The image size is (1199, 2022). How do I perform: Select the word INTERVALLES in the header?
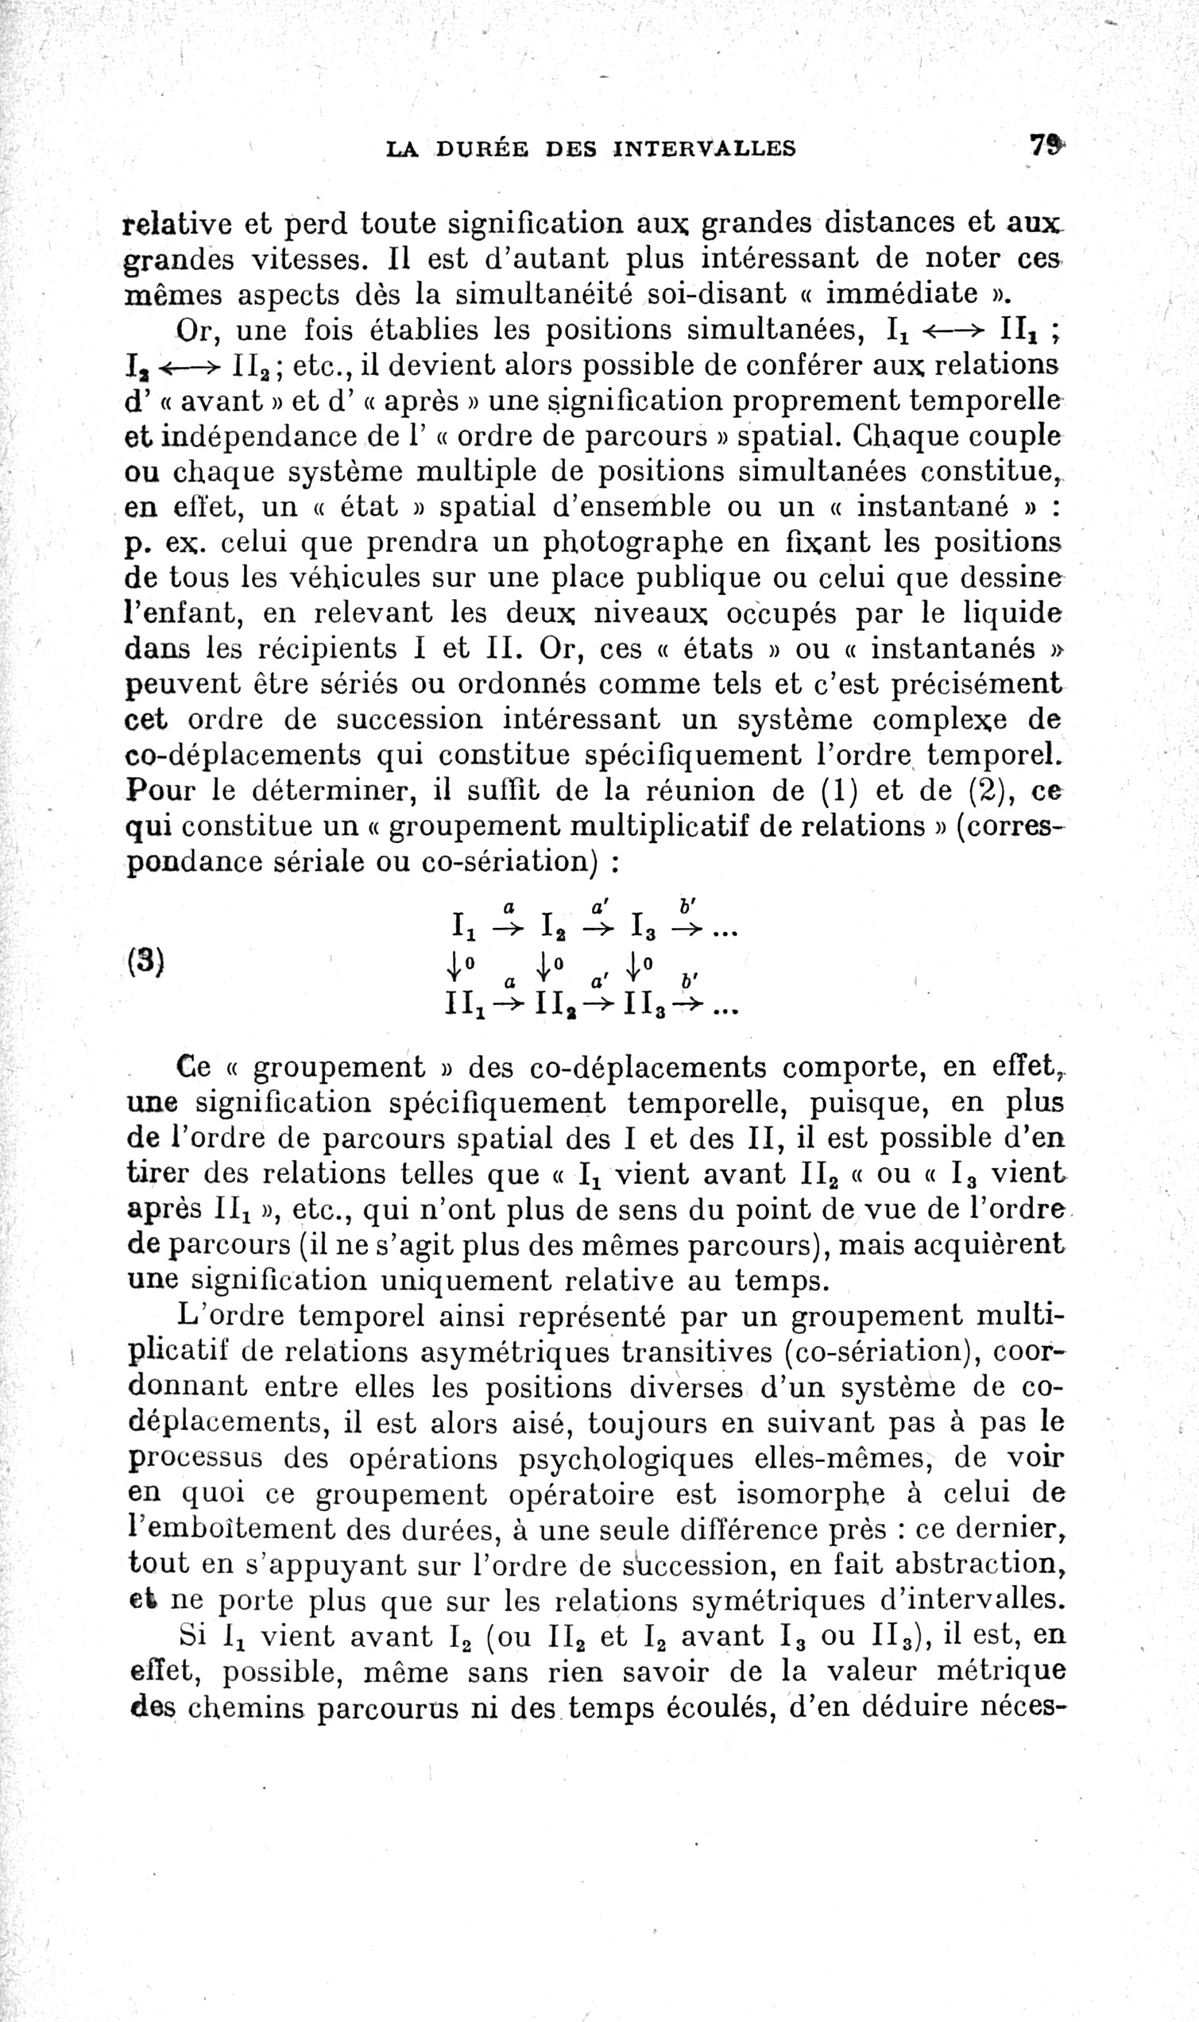pos(705,149)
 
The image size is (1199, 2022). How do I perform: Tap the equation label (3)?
pos(145,961)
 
